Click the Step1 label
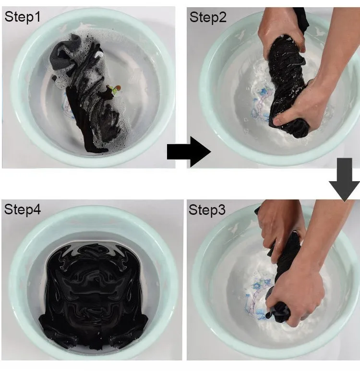tap(23, 17)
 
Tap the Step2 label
tap(208, 17)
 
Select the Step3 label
tap(207, 210)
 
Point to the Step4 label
tap(23, 210)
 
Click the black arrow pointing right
tap(189, 152)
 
